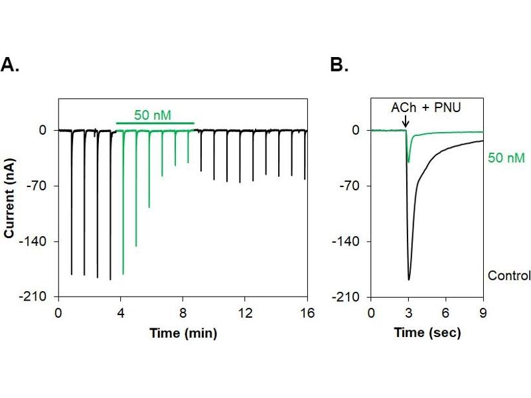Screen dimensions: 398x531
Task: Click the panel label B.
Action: [x=339, y=64]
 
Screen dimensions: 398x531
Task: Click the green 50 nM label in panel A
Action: [x=153, y=115]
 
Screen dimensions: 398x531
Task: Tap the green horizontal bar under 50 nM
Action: [x=155, y=123]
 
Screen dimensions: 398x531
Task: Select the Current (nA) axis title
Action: [x=10, y=196]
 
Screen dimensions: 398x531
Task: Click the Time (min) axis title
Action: [x=182, y=332]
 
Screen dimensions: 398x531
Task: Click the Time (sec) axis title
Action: [x=427, y=332]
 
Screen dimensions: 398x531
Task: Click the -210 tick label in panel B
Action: [x=349, y=297]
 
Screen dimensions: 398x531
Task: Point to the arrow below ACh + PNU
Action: [x=406, y=122]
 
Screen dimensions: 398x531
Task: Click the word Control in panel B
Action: [x=509, y=275]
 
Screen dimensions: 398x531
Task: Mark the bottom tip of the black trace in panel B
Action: [x=409, y=280]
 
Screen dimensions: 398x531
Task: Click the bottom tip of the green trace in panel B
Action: [x=408, y=162]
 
